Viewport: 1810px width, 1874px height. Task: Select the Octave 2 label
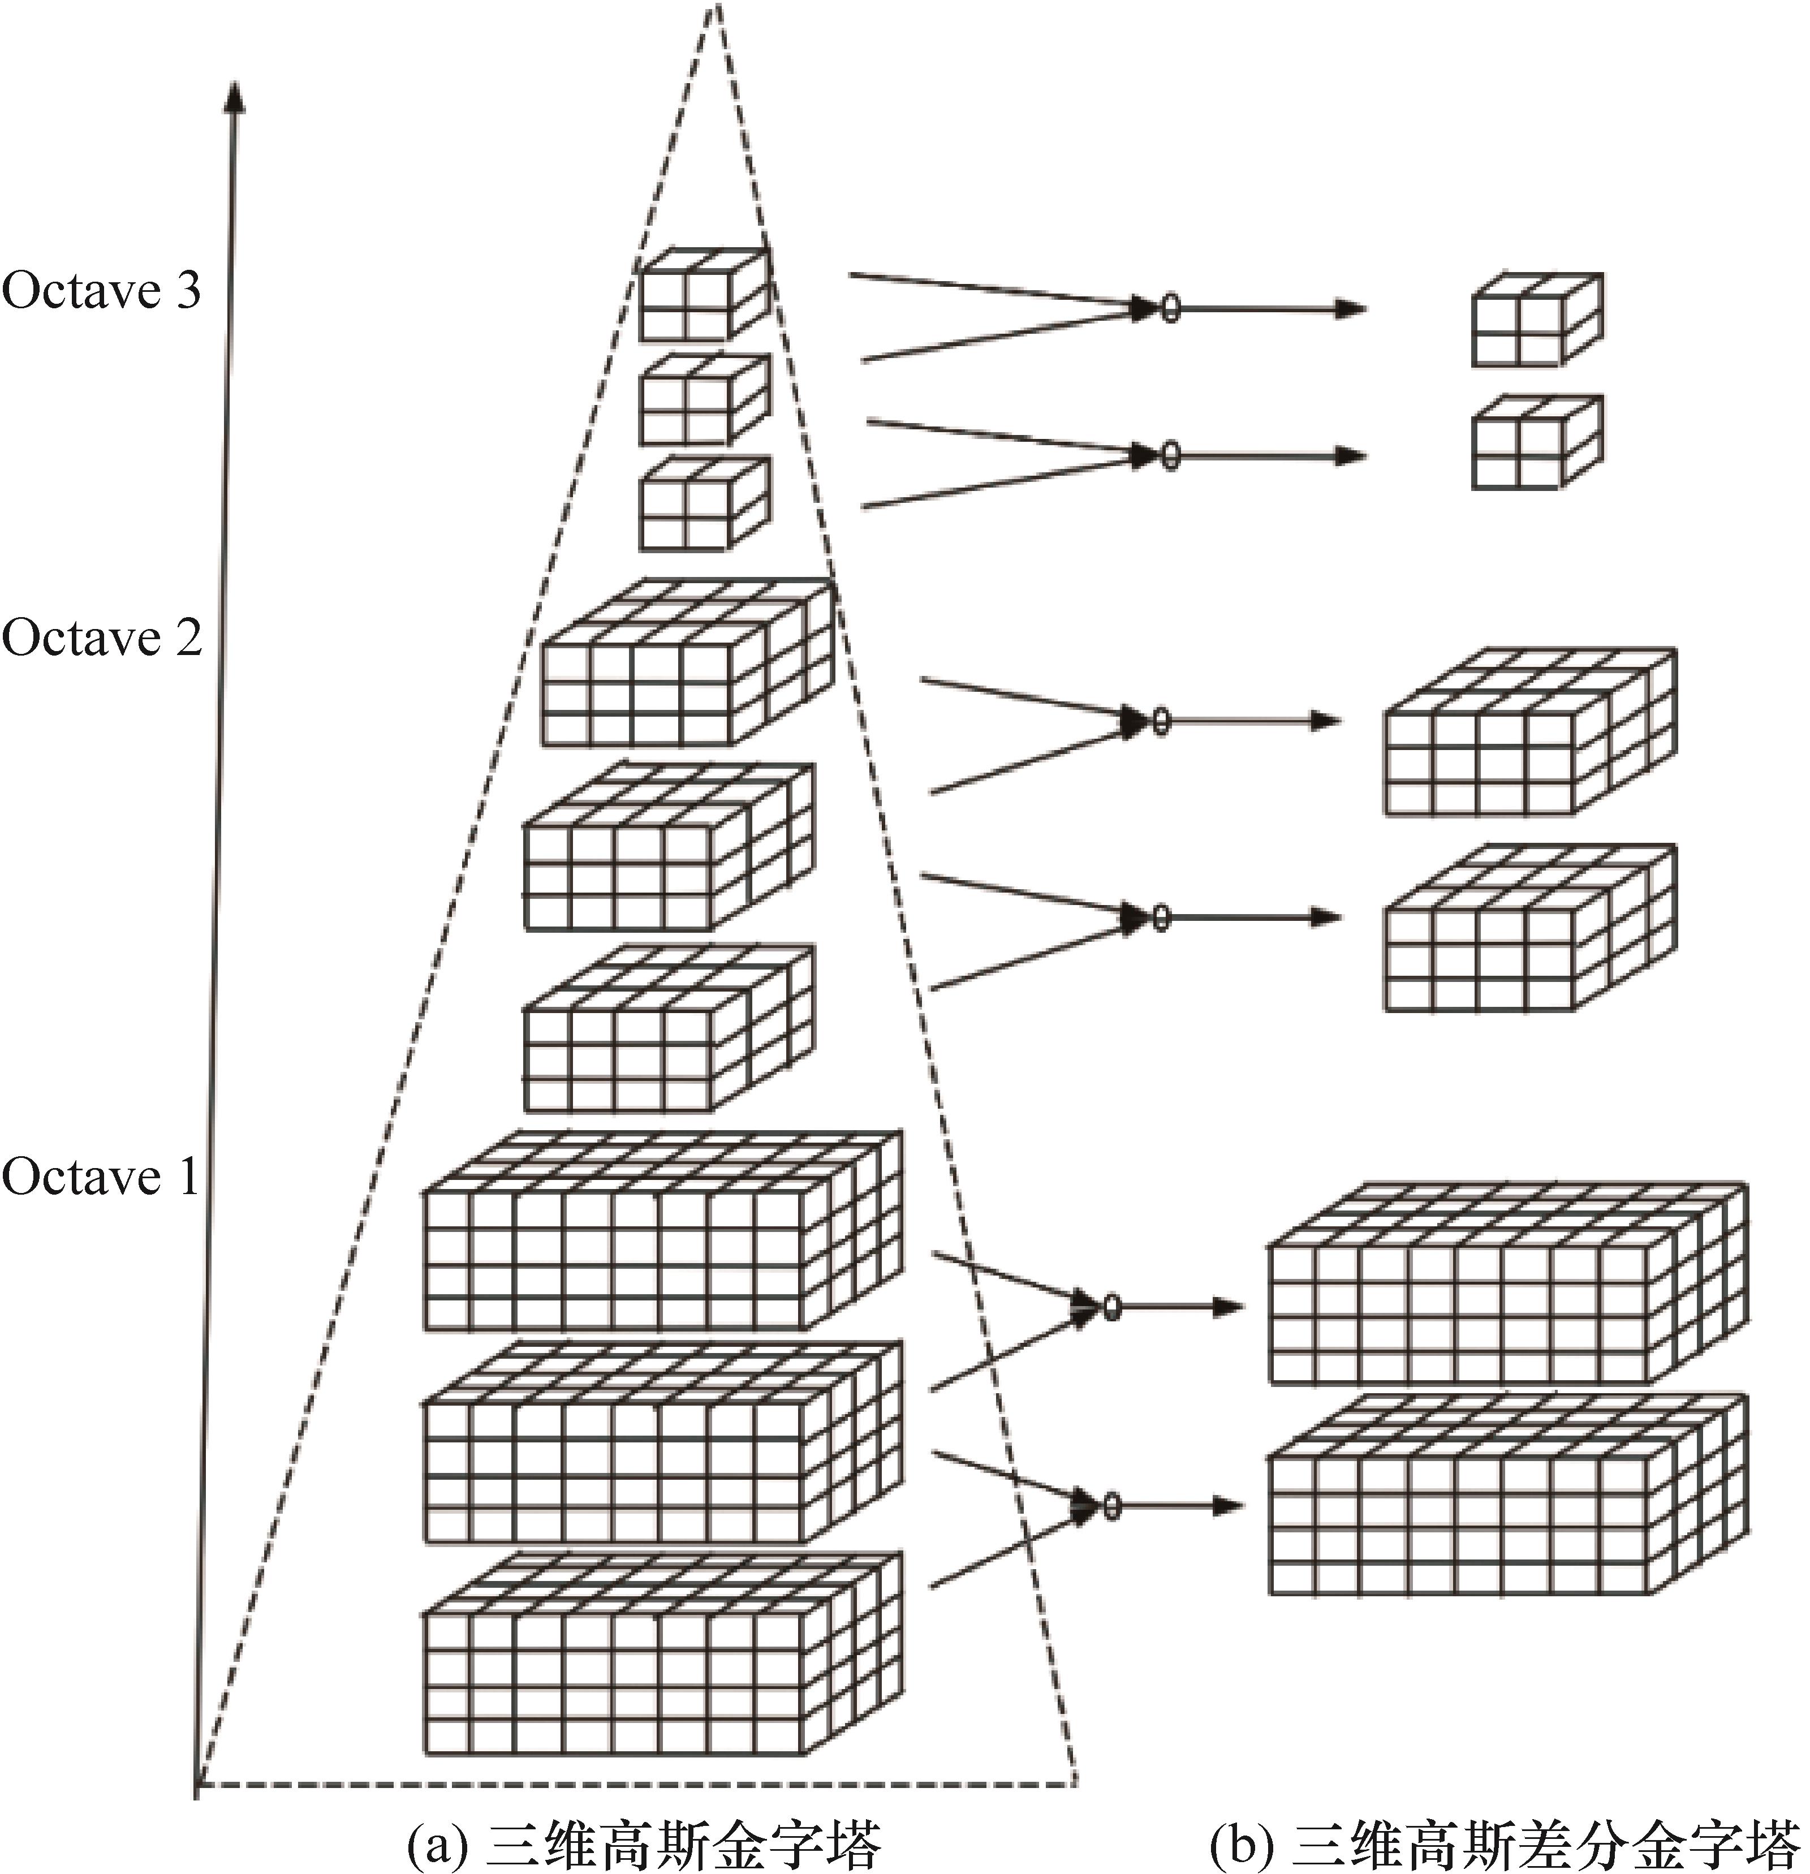(101, 637)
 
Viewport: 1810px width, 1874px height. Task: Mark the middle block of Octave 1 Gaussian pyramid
(662, 1443)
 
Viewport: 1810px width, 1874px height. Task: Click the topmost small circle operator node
(1169, 309)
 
